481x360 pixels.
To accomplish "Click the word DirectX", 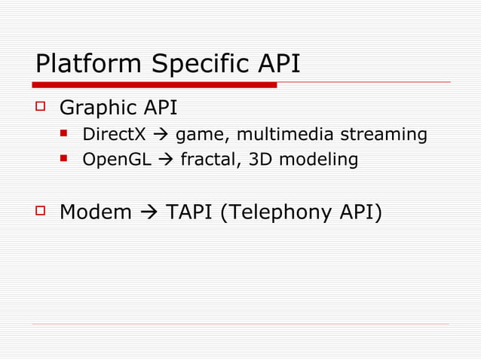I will click(114, 135).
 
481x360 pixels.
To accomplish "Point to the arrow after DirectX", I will click(160, 135).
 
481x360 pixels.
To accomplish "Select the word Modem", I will click(95, 212).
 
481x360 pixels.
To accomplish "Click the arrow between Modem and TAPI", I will click(149, 212).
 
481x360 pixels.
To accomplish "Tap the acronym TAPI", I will click(188, 212).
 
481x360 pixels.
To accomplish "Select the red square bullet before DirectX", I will click(66, 135).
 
